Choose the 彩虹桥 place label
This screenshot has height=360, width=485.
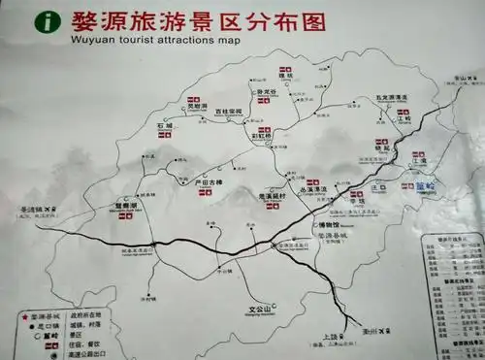pos(263,139)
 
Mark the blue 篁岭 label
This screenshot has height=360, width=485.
pos(426,186)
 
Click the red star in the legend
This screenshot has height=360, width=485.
pos(24,315)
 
